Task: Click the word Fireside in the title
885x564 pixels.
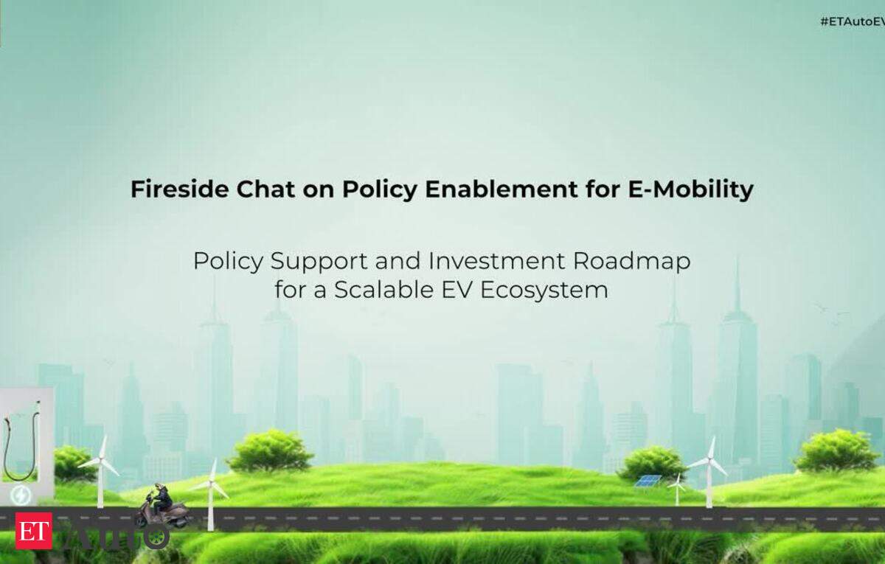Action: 180,189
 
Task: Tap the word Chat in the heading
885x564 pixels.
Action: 265,189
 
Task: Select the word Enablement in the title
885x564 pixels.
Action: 502,189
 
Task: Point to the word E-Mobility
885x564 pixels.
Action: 690,190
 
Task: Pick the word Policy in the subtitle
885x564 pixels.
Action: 228,262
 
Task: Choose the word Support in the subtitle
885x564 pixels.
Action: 319,262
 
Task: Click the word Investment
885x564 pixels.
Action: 497,261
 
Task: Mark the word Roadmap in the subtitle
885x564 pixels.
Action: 632,262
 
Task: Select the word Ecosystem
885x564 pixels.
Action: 544,290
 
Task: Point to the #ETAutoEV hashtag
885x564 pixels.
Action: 853,21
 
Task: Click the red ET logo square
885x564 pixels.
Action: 34,531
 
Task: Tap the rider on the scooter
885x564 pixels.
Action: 163,498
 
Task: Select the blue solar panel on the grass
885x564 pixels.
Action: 648,480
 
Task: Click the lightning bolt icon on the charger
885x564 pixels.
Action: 21,495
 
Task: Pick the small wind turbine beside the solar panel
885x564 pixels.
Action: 677,489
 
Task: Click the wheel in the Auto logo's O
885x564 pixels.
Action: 156,537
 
